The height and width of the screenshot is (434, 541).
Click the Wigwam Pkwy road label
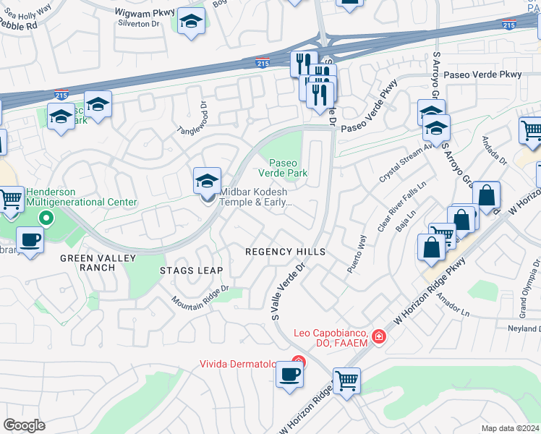pos(145,12)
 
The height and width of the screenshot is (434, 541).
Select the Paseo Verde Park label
pos(289,168)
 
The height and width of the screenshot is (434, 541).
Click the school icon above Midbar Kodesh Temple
pos(207,181)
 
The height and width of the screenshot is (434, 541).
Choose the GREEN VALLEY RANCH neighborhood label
pos(88,263)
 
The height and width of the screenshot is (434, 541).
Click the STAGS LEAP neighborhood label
pos(191,270)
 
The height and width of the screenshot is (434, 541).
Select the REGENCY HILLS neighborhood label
pos(285,252)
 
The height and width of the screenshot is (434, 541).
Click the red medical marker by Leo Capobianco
pos(378,337)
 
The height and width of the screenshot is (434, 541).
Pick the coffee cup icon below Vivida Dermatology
pos(290,375)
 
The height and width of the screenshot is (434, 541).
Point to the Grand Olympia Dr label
pos(525,297)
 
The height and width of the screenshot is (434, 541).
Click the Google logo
pos(25,425)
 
